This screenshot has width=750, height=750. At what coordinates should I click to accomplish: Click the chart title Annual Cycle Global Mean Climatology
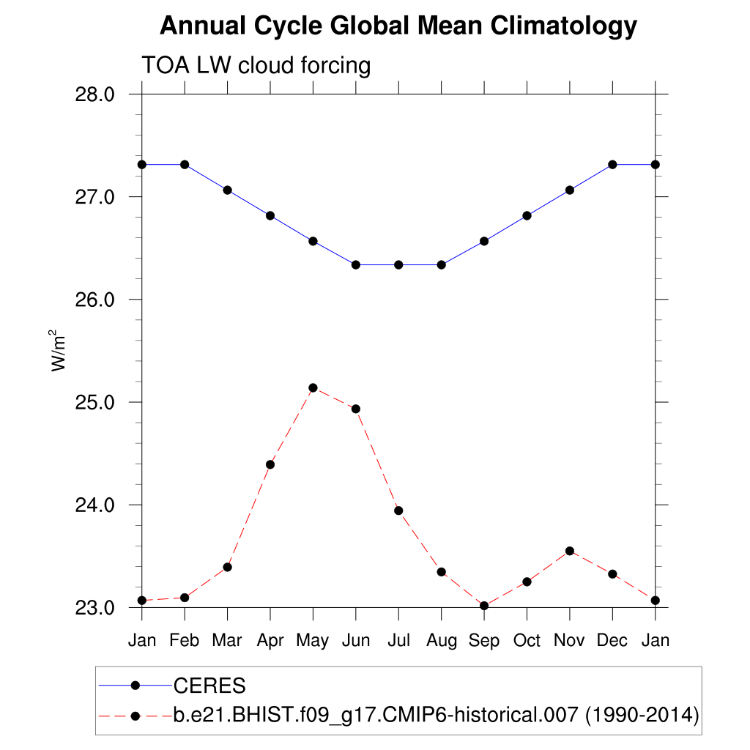pos(398,26)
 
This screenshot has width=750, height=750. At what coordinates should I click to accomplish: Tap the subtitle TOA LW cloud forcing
pos(256,65)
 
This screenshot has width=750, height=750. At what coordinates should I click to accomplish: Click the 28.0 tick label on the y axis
pos(96,94)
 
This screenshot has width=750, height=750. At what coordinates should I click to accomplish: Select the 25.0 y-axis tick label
pos(96,402)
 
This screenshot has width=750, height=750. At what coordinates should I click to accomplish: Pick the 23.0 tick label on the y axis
pos(96,608)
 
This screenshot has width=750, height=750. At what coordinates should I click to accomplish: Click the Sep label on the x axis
pos(484,641)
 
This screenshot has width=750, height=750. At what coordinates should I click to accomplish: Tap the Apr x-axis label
pos(270,641)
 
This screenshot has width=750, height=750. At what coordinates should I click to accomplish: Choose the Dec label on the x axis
pos(612,641)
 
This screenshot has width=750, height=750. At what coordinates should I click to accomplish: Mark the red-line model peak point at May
pos(313,387)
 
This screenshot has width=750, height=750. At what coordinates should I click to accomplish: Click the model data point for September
pos(484,606)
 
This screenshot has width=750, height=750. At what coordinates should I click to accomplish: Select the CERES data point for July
pos(398,264)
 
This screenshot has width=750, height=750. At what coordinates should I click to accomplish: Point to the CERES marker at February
pos(185,164)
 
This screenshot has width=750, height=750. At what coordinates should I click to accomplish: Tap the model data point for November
pos(570,551)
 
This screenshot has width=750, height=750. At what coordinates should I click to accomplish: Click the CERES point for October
pos(527,215)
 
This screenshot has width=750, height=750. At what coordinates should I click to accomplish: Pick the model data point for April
pos(270,464)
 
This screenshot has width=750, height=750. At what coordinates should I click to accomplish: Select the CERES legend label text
pos(209,686)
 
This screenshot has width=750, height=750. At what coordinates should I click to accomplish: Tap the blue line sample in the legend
pos(135,686)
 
